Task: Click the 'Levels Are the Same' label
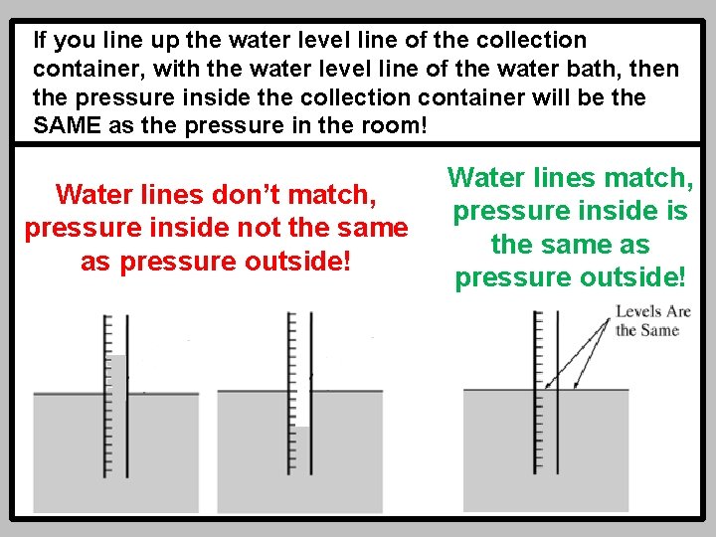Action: point(652,320)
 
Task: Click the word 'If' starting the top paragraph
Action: point(41,41)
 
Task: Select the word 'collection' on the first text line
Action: point(531,41)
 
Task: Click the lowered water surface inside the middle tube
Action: point(302,428)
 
